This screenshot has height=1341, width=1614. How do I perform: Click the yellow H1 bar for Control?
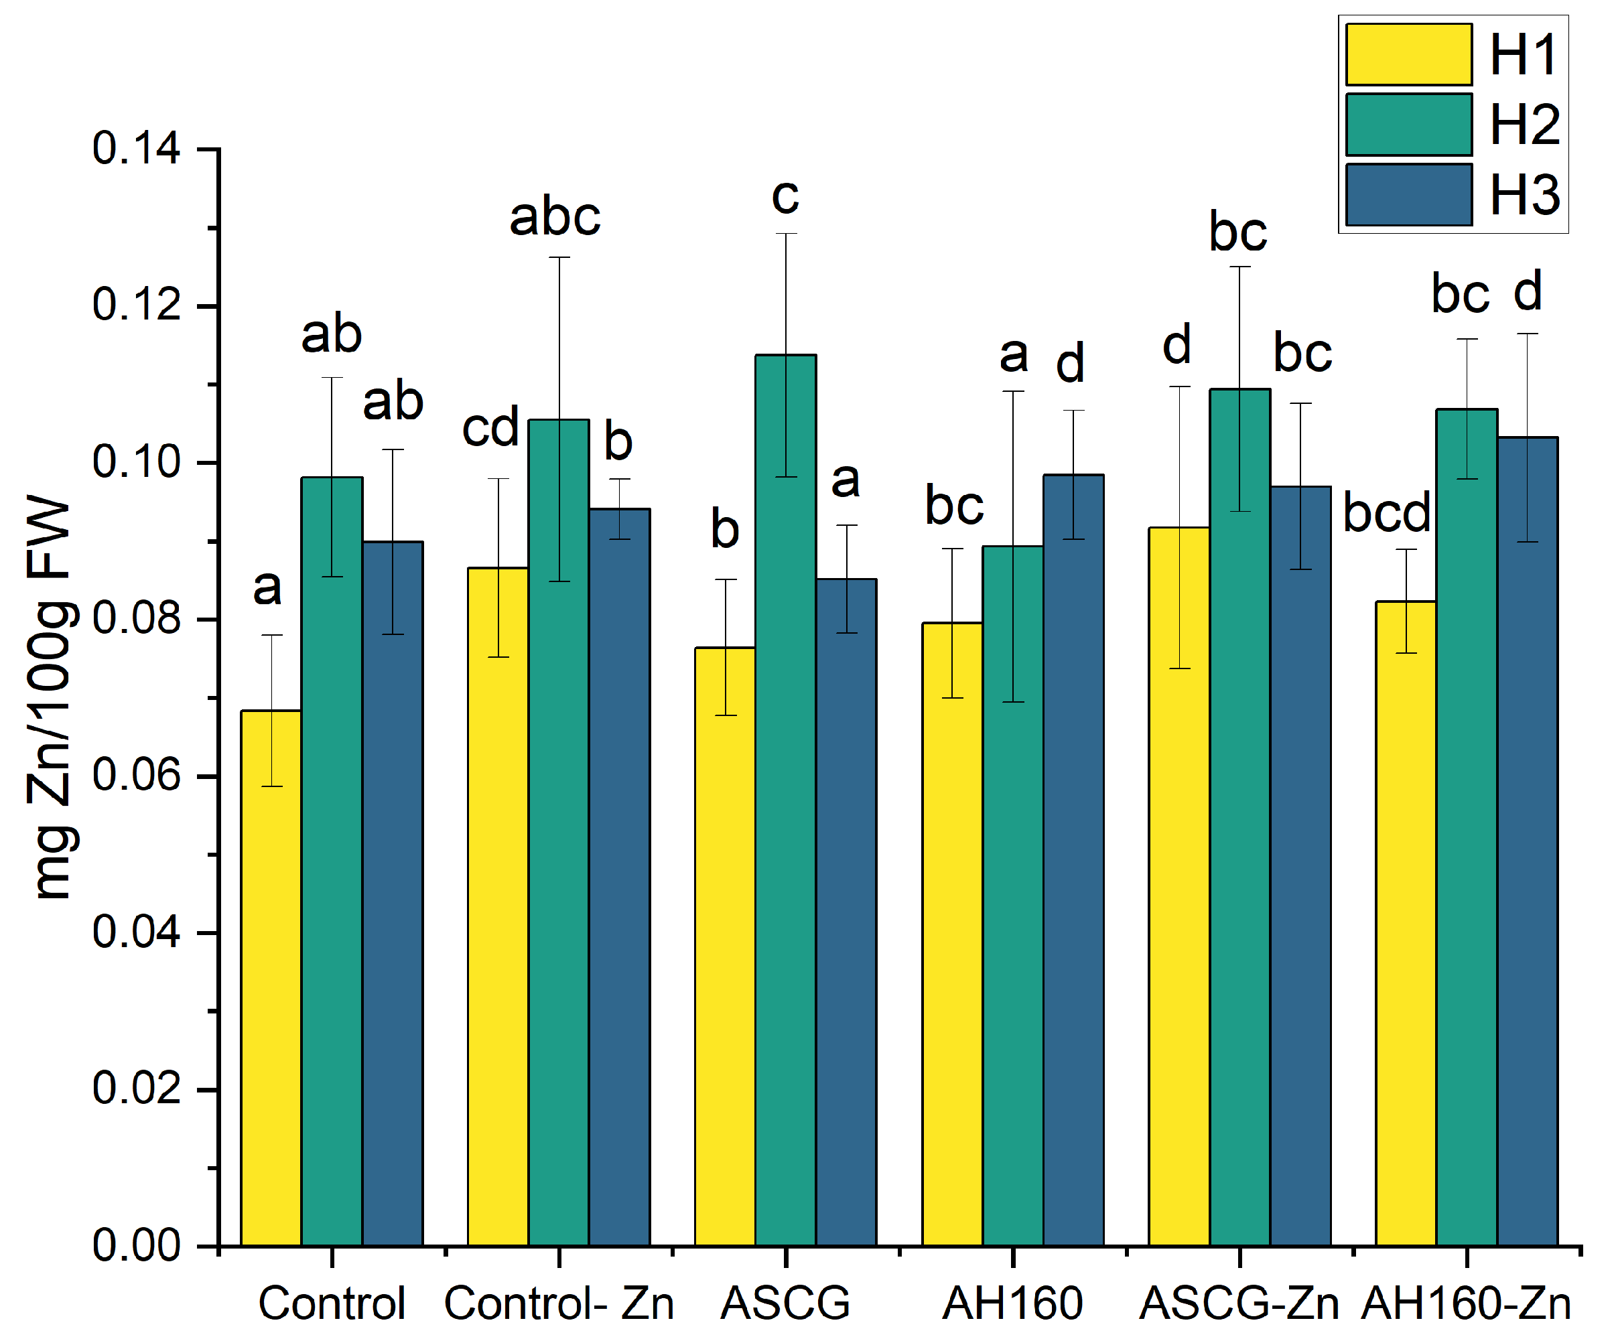(x=271, y=976)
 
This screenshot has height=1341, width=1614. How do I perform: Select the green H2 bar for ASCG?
(x=785, y=799)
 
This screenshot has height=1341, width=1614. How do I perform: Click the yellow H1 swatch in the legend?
(x=1408, y=54)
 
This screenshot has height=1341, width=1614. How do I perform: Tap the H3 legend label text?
(x=1524, y=194)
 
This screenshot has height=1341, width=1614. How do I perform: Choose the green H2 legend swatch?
(x=1408, y=125)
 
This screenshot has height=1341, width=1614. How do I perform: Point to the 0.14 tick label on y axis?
(x=136, y=148)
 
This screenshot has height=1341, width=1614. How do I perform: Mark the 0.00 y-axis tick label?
(x=136, y=1246)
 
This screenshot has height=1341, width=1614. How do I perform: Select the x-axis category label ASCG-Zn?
(x=1238, y=1304)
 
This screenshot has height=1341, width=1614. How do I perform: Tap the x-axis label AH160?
(x=1012, y=1304)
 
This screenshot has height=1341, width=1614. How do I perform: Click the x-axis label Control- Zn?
(x=559, y=1304)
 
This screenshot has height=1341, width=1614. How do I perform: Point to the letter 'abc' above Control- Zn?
(x=555, y=217)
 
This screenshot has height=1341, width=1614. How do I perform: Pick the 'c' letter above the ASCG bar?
(x=785, y=197)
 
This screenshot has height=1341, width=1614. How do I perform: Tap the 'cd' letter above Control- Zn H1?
(x=490, y=427)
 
